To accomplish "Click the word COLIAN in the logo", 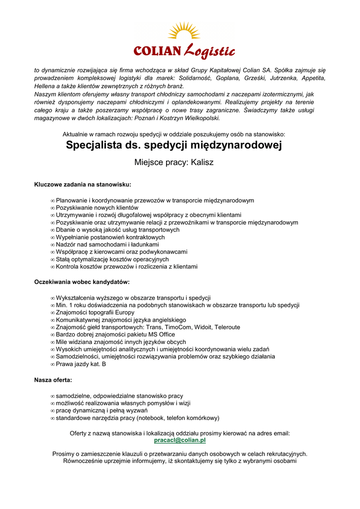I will click(158, 51).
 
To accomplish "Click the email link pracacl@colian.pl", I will click(180, 440).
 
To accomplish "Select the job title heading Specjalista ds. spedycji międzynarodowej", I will click(174, 145).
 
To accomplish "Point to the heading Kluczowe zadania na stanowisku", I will click(83, 184).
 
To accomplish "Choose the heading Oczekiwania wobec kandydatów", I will click(82, 282).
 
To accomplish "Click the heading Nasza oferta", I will click(53, 380).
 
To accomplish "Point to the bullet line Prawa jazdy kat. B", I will click(81, 364).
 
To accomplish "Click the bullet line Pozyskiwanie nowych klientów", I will click(97, 207).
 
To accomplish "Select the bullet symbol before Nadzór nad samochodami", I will click(53, 245).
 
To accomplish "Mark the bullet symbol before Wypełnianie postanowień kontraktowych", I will click(53, 237).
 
